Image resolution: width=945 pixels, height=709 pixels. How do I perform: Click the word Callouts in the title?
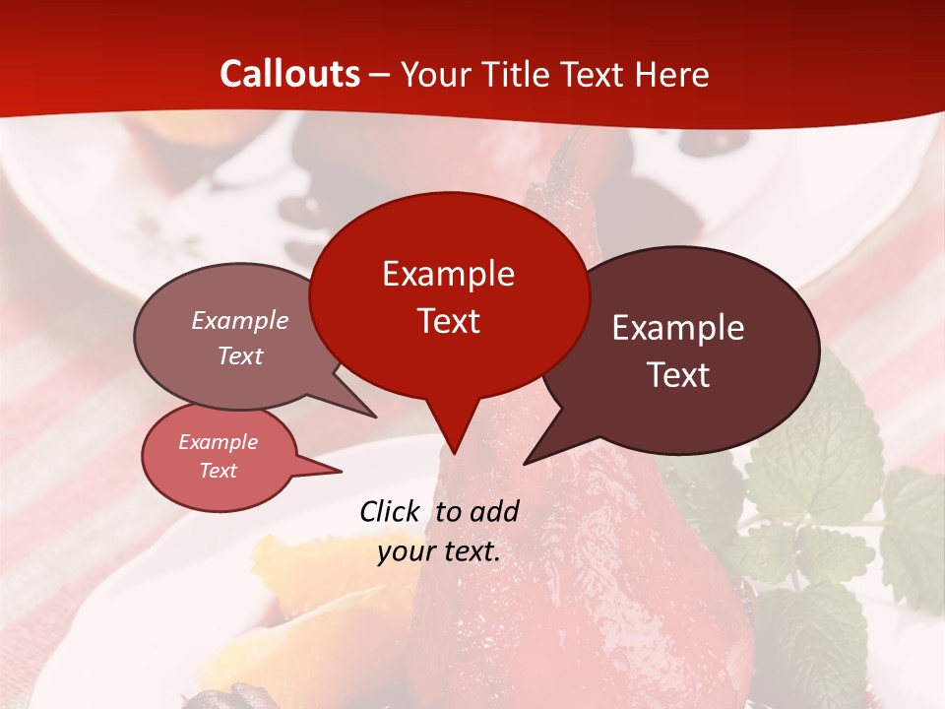(289, 74)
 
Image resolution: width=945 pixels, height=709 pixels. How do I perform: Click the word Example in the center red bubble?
(448, 274)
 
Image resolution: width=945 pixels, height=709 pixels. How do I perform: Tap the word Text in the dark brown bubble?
(678, 375)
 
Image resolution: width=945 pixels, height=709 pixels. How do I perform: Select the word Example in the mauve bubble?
(240, 321)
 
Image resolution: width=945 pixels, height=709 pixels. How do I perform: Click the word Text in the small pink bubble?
(219, 471)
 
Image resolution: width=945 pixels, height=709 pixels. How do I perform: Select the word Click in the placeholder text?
(392, 511)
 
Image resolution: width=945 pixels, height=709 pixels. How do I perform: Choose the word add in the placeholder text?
(494, 511)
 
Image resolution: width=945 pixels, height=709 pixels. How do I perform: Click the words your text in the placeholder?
(439, 551)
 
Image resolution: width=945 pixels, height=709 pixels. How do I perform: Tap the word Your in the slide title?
(433, 75)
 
